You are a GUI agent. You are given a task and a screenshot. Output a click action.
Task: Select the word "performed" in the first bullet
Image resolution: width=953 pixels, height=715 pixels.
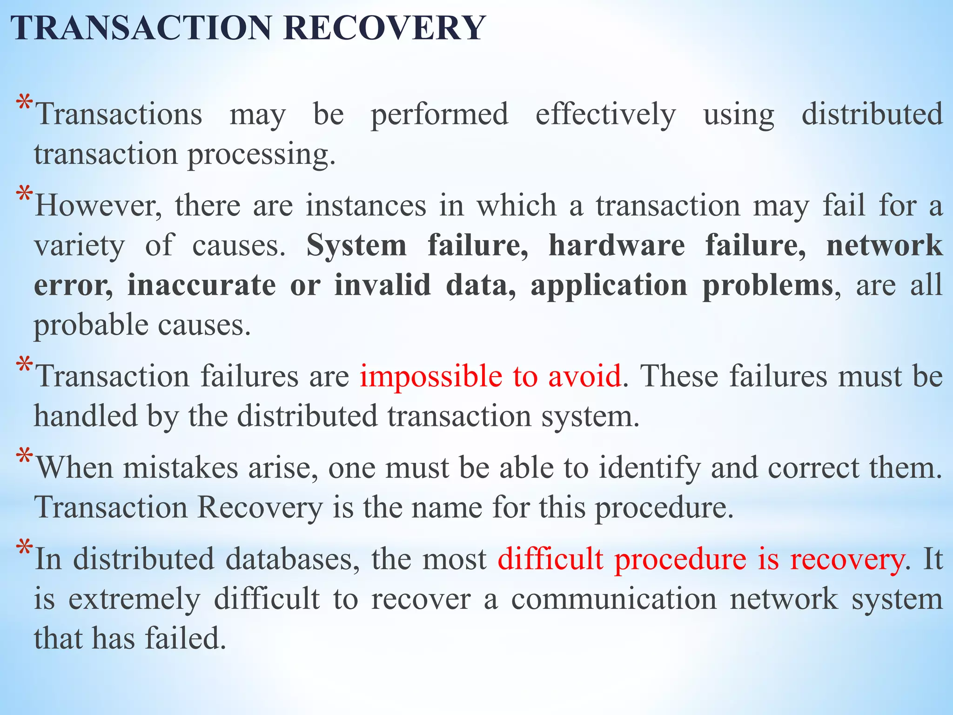pyautogui.click(x=439, y=115)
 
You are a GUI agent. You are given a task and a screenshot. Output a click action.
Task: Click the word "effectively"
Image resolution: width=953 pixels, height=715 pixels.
pyautogui.click(x=605, y=115)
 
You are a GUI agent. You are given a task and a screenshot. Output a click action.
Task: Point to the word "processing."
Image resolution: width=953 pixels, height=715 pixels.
pyautogui.click(x=262, y=155)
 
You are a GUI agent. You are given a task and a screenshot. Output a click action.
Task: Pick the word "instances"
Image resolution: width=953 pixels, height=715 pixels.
pyautogui.click(x=366, y=206)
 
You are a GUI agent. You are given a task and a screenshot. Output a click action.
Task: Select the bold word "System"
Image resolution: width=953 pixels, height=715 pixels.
pyautogui.click(x=356, y=245)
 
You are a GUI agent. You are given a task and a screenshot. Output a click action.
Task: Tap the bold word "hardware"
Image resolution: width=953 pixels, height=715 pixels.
pyautogui.click(x=617, y=245)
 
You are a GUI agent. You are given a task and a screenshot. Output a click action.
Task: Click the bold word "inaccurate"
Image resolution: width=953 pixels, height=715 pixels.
pyautogui.click(x=201, y=285)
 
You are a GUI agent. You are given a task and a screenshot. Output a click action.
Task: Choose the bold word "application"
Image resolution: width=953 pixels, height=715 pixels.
pyautogui.click(x=609, y=286)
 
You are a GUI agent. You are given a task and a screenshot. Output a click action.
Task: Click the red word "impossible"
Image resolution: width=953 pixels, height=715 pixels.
pyautogui.click(x=431, y=376)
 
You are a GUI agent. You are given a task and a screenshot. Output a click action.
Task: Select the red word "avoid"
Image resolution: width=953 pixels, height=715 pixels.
pyautogui.click(x=584, y=376)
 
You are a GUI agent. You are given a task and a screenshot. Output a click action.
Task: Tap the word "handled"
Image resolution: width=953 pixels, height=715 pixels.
pyautogui.click(x=86, y=416)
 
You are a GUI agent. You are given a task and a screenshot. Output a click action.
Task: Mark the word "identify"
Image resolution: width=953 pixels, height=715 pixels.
pyautogui.click(x=649, y=468)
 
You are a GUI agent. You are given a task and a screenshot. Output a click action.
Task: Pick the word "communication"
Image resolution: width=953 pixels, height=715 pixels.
pyautogui.click(x=614, y=599)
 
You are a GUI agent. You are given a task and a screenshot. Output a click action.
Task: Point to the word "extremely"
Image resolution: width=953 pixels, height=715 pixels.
pyautogui.click(x=134, y=600)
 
